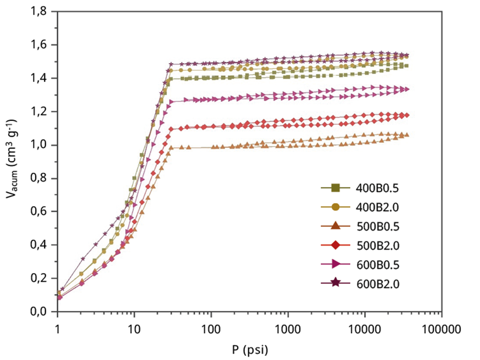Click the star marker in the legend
[x=336, y=283]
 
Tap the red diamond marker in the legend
[x=336, y=245]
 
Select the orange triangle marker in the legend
[x=336, y=226]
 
